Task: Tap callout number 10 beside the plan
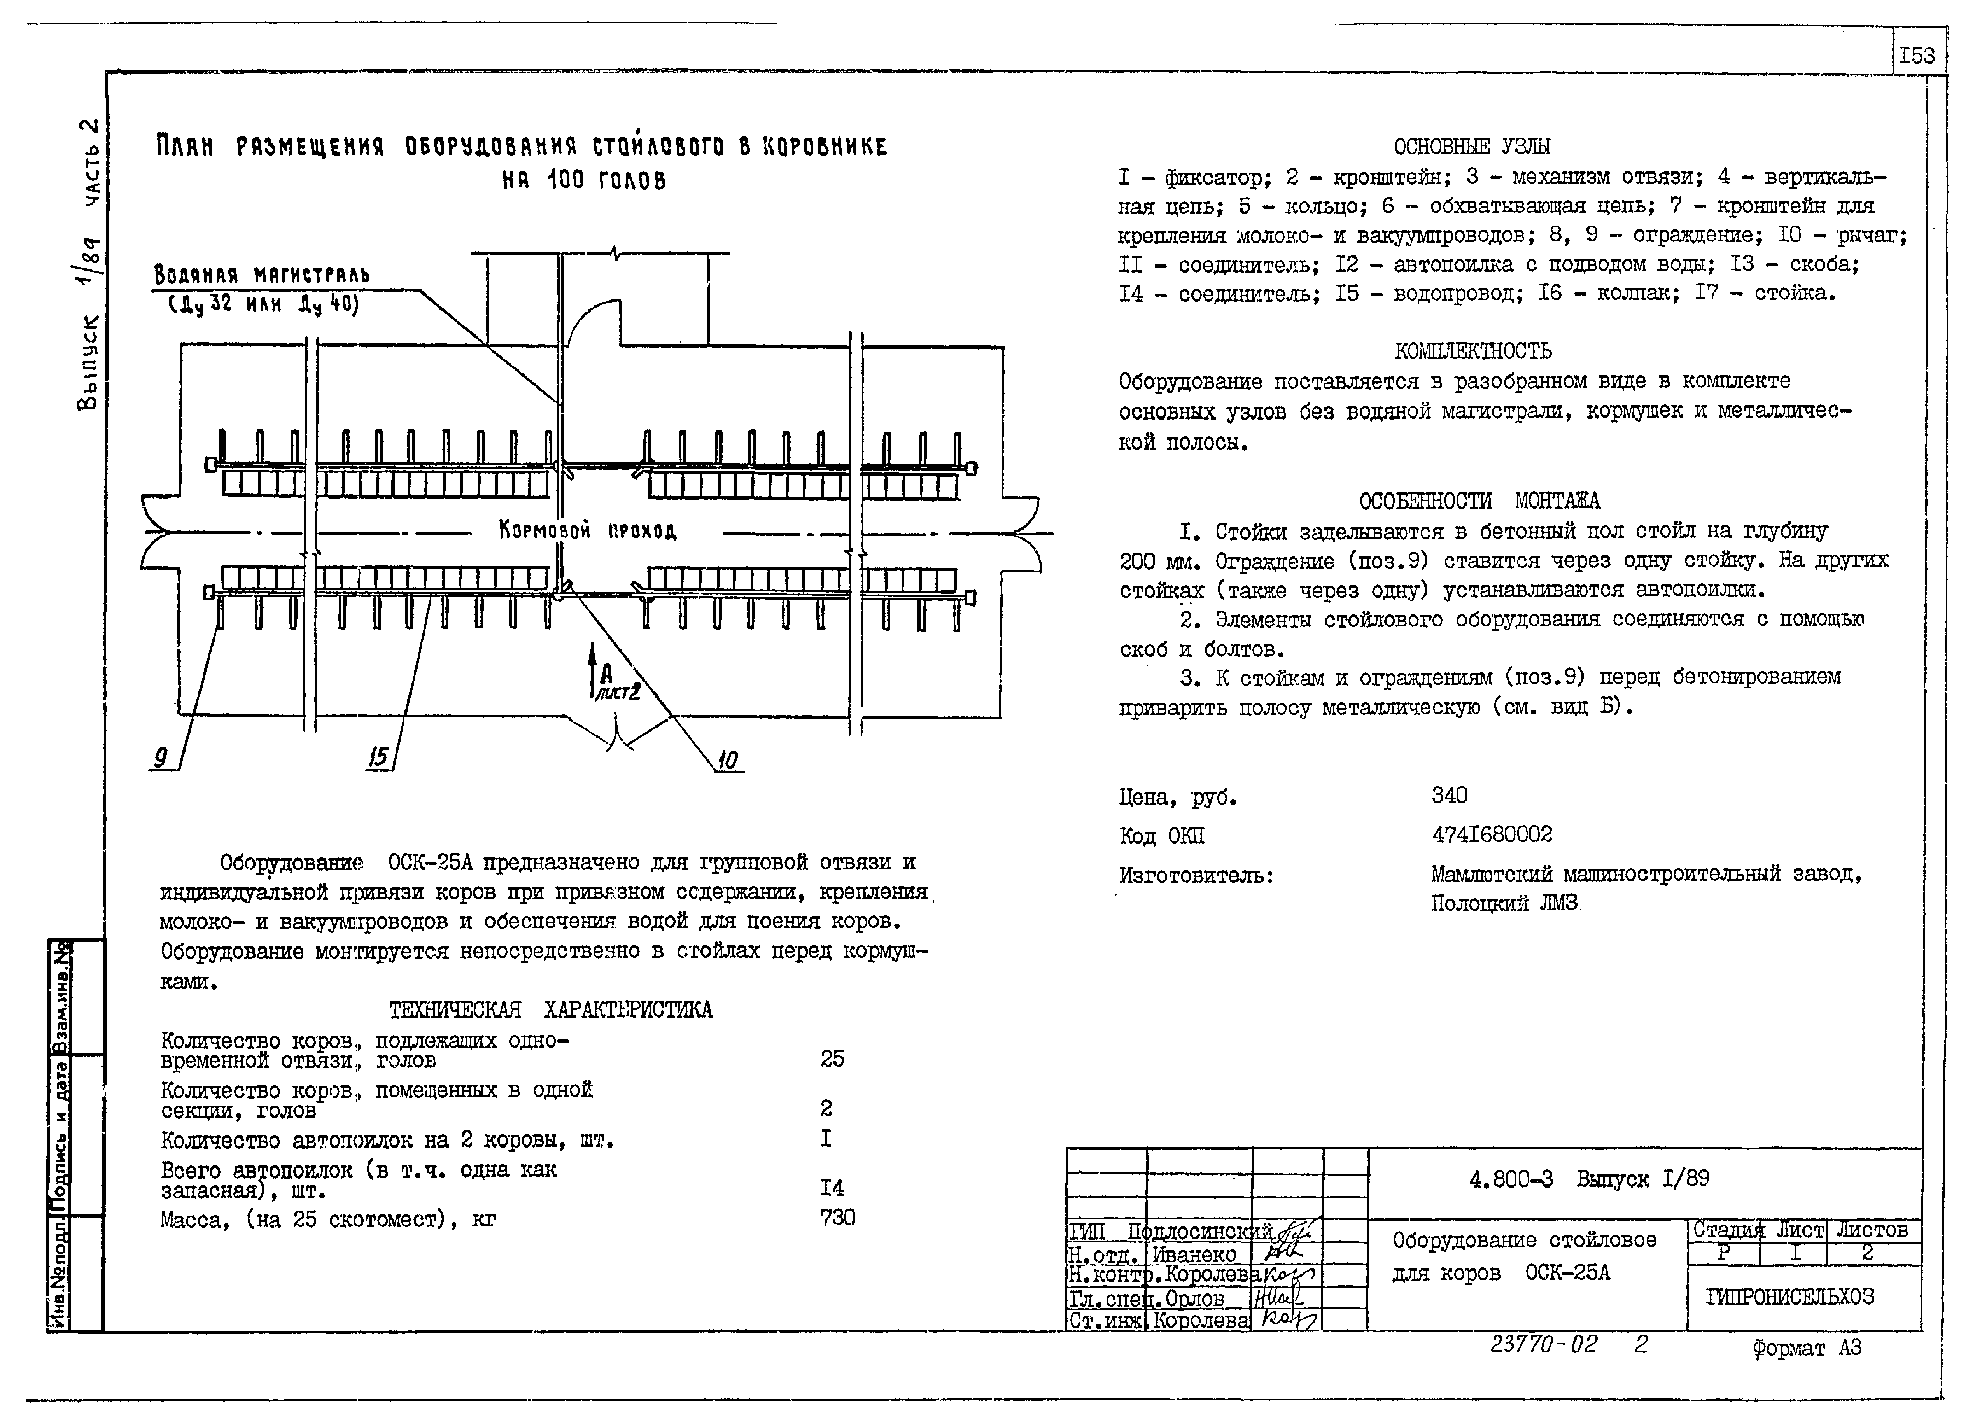[x=727, y=761]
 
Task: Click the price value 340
[x=1449, y=795]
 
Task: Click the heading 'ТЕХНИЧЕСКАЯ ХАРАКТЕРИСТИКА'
[x=550, y=1010]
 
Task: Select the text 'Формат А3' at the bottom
[x=1807, y=1348]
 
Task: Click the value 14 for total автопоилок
[x=832, y=1187]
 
